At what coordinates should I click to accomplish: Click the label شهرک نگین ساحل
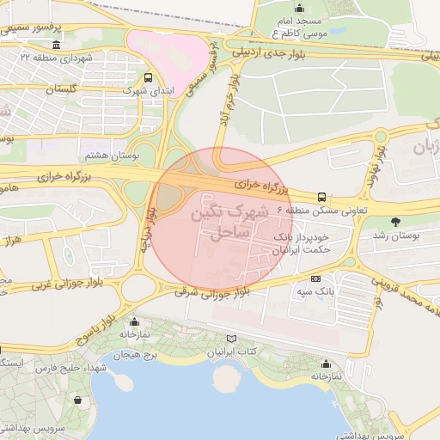(228, 221)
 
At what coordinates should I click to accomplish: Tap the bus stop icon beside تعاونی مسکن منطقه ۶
(321, 197)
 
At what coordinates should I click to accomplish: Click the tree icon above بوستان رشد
(394, 220)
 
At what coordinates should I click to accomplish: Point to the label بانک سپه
(315, 292)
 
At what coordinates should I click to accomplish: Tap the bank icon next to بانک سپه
(315, 279)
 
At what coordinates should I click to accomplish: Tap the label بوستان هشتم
(107, 156)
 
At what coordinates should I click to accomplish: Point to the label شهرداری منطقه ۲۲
(56, 56)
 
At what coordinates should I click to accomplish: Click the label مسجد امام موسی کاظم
(309, 26)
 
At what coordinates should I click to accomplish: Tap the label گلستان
(60, 89)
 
